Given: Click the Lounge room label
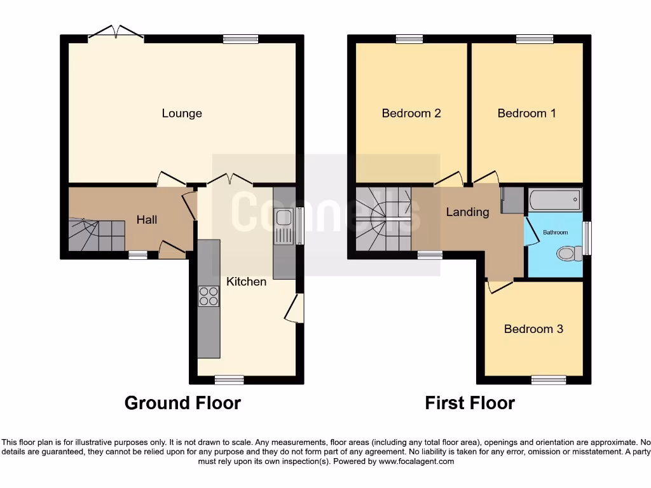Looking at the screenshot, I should click(x=182, y=113).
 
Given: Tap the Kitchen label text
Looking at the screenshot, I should click(x=247, y=281).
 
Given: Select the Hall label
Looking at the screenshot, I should click(x=147, y=219).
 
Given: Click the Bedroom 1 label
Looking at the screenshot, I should click(x=526, y=113).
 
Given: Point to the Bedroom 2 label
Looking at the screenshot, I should click(x=411, y=113).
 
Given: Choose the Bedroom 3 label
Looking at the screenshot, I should click(x=533, y=329).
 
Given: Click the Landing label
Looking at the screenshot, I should click(x=467, y=212).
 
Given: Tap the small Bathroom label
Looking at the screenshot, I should click(x=555, y=233).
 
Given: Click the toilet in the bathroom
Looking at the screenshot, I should click(x=568, y=254).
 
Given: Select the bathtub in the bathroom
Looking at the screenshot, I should click(x=555, y=200).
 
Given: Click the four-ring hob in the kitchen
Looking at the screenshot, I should click(x=209, y=296).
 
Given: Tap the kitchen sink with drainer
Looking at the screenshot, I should click(x=284, y=227).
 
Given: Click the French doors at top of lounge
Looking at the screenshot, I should click(x=115, y=33).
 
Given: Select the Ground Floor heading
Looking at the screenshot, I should click(x=182, y=403).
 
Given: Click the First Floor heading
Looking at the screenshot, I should click(x=470, y=403).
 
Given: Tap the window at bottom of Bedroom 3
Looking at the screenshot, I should click(x=548, y=380).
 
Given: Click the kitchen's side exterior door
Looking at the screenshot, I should click(x=295, y=309).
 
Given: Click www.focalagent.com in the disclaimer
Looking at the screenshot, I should click(x=416, y=461).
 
